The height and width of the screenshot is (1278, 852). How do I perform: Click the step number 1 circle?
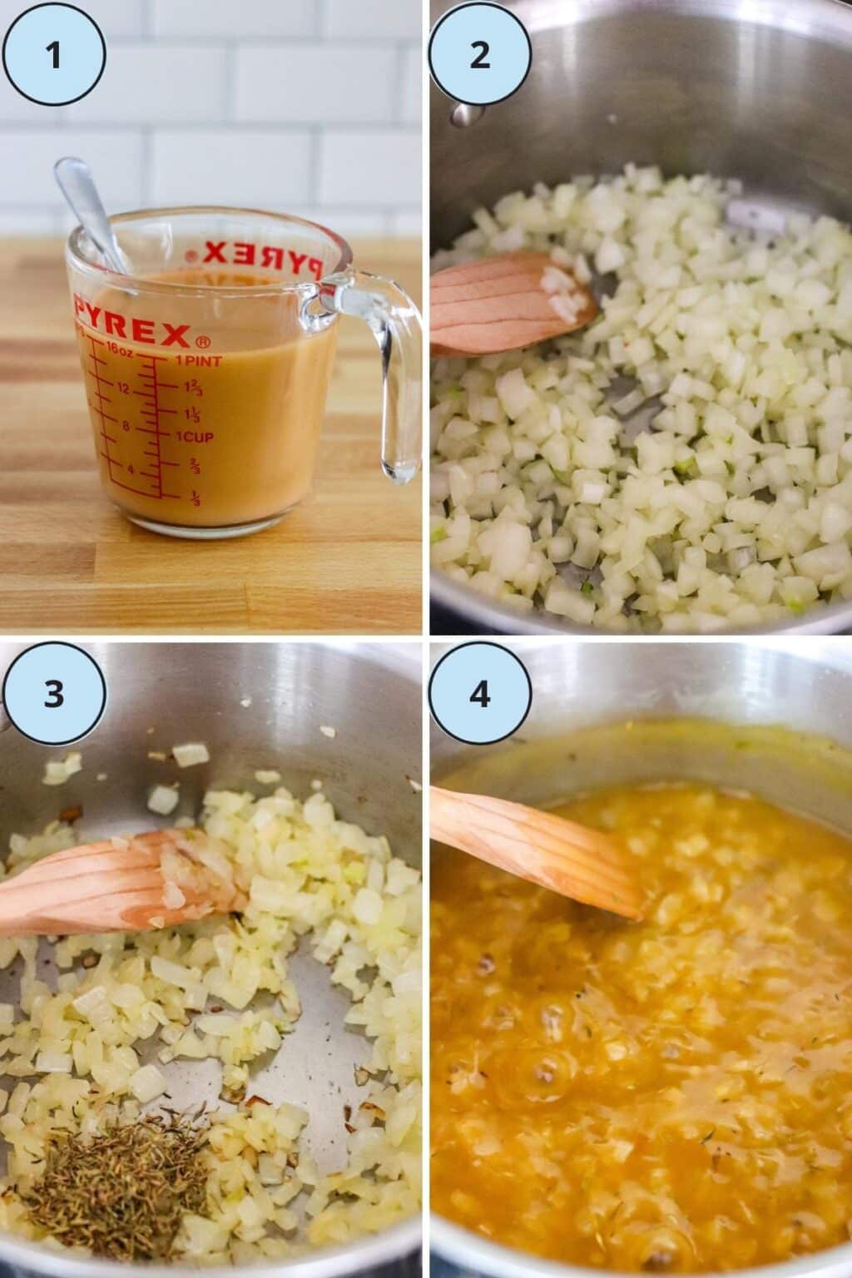pyautogui.click(x=54, y=56)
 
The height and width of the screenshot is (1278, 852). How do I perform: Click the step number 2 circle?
pyautogui.click(x=480, y=56)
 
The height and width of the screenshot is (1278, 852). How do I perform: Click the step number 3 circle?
pyautogui.click(x=54, y=693)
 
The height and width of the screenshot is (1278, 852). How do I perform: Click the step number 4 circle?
pyautogui.click(x=480, y=693)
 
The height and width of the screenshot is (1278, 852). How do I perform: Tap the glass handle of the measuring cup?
pyautogui.click(x=391, y=374)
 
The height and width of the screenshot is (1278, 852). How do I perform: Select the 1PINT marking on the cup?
pyautogui.click(x=198, y=361)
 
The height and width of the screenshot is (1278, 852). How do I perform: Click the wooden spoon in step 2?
pyautogui.click(x=508, y=304)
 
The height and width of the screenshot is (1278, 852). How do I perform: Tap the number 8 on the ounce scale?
pyautogui.click(x=127, y=427)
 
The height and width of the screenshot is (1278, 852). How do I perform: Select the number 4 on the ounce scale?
pyautogui.click(x=130, y=469)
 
